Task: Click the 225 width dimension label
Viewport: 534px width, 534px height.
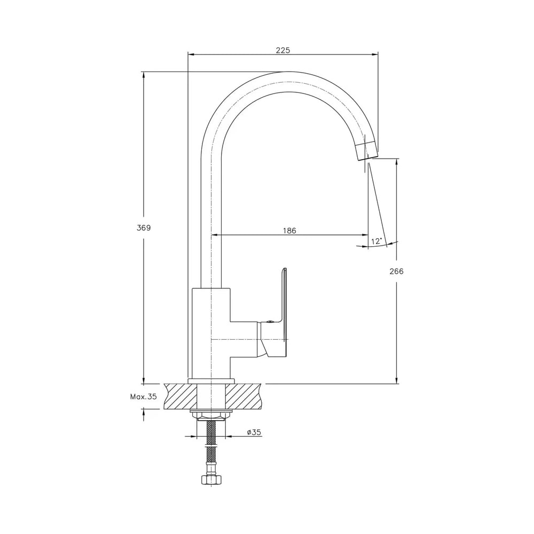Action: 282,50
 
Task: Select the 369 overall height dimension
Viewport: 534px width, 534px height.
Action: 143,228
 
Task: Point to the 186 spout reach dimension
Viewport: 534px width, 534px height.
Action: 289,231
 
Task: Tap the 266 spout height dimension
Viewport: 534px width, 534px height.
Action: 396,271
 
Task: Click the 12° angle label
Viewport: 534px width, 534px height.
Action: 376,241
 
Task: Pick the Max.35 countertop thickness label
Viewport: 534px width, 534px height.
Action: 143,396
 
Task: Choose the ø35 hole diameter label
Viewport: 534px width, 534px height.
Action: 254,432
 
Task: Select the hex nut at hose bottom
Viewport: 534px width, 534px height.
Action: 211,480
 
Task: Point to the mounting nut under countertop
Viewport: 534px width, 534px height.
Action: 211,415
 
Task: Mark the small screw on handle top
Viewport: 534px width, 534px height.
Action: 270,320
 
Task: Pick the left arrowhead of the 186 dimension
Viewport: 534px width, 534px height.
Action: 215,234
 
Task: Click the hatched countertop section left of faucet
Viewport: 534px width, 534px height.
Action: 181,396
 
